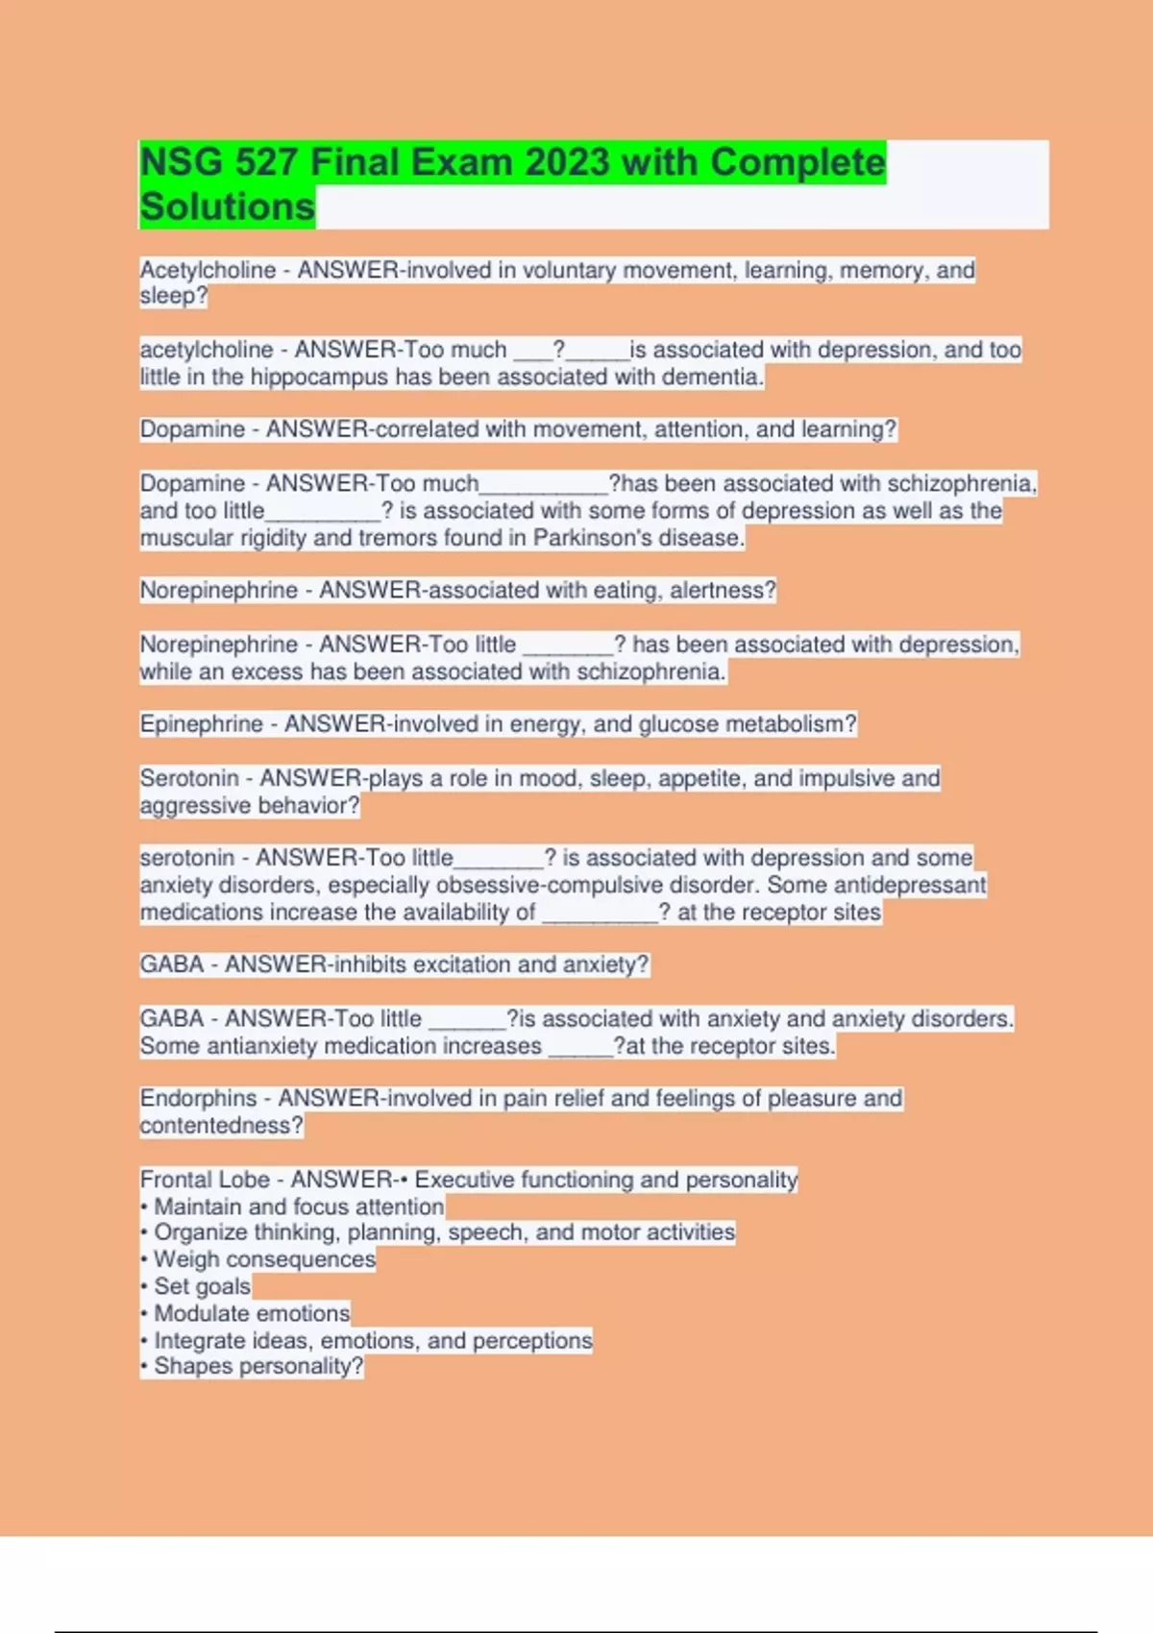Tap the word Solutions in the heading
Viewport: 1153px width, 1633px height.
point(228,207)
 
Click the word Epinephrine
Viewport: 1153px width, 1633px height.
point(201,723)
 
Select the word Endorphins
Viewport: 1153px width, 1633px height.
point(199,1098)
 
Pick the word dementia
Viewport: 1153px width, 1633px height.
point(718,377)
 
